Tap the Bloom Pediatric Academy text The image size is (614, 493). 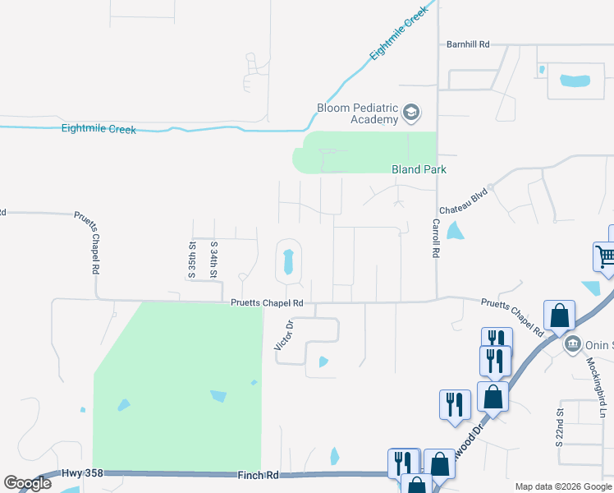pyautogui.click(x=358, y=113)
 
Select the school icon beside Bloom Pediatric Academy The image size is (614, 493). pyautogui.click(x=411, y=113)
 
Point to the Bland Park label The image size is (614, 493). pyautogui.click(x=418, y=169)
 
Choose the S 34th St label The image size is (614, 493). pyautogui.click(x=213, y=259)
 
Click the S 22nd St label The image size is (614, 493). pyautogui.click(x=560, y=426)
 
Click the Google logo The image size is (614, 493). pyautogui.click(x=27, y=483)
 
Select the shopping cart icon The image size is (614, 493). pyautogui.click(x=606, y=256)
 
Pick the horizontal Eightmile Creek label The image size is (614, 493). pyautogui.click(x=99, y=129)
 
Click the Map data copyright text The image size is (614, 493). pyautogui.click(x=562, y=486)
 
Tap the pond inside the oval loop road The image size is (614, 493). pyautogui.click(x=288, y=262)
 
